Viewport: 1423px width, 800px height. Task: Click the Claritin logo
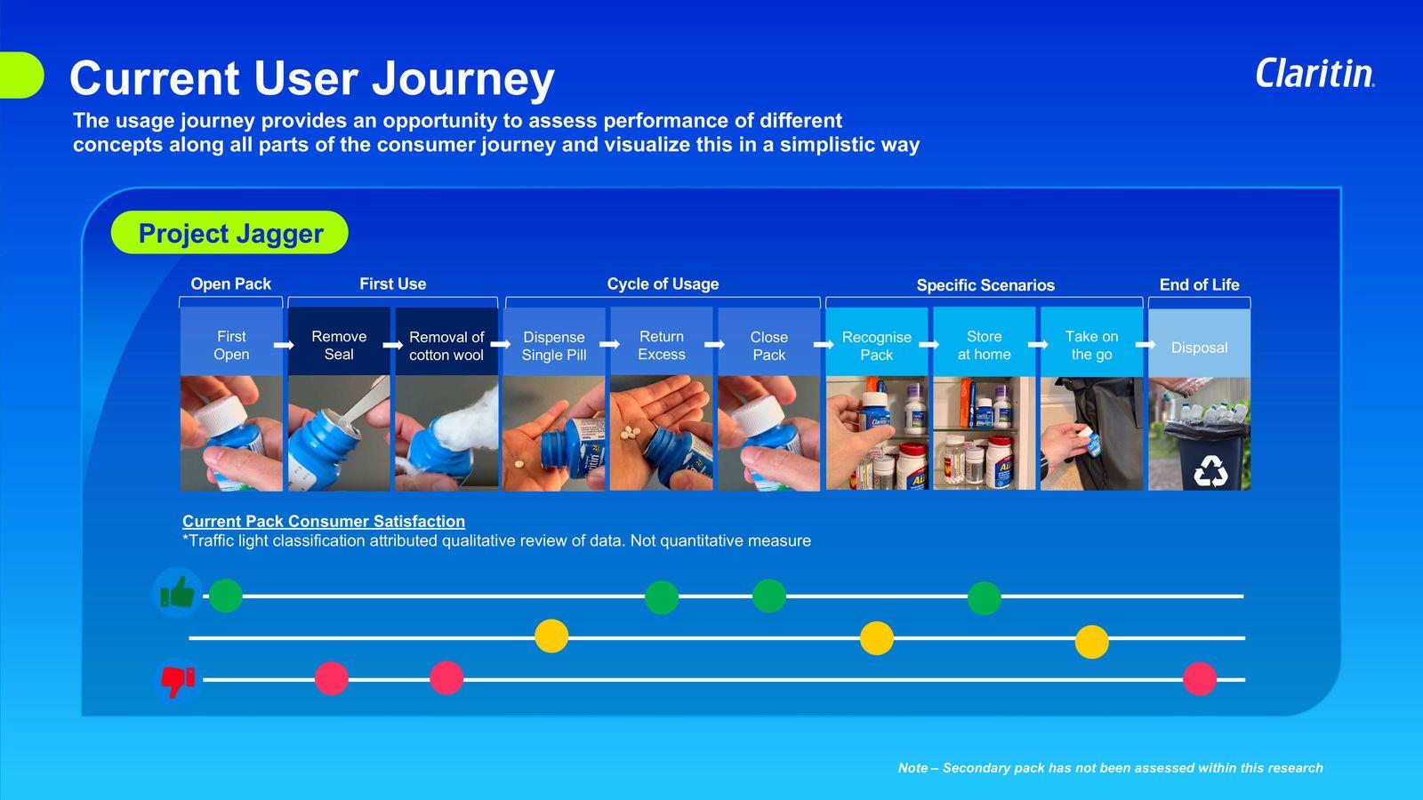tap(1314, 74)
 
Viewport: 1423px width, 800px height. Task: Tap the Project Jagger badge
tap(229, 233)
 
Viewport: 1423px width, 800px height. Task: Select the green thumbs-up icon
tap(177, 593)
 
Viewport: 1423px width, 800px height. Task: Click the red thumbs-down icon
tap(177, 681)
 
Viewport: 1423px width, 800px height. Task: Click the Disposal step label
tap(1199, 348)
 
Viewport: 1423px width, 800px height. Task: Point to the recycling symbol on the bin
tap(1210, 472)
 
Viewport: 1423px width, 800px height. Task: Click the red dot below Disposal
tap(1200, 679)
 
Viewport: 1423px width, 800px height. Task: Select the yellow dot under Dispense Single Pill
tap(551, 636)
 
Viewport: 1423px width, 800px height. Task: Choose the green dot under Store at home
tap(984, 597)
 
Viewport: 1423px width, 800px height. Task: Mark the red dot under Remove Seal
tap(332, 678)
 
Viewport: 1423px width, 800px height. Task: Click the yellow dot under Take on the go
tap(1091, 642)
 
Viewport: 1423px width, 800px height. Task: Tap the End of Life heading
tap(1199, 284)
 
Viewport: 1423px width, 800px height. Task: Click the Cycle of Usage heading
tap(663, 284)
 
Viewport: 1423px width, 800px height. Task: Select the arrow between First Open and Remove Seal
tap(284, 345)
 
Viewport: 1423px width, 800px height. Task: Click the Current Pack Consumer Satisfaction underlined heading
tap(324, 521)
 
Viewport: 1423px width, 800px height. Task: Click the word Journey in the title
tap(463, 79)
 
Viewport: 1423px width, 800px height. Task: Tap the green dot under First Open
tap(226, 596)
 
